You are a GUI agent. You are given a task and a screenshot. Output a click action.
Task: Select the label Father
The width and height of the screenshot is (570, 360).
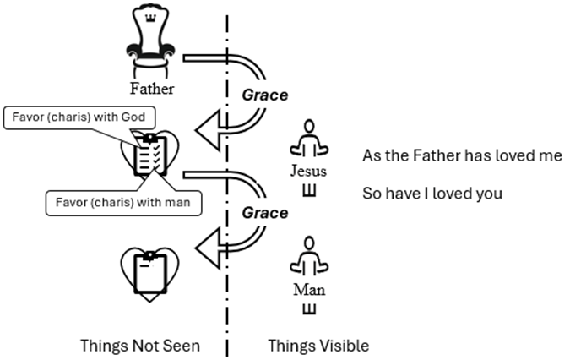pyautogui.click(x=152, y=86)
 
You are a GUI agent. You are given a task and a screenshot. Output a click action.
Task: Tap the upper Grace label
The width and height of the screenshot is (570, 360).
pyautogui.click(x=264, y=95)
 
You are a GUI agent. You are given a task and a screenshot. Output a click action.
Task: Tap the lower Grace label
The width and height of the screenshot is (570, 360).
pyautogui.click(x=264, y=214)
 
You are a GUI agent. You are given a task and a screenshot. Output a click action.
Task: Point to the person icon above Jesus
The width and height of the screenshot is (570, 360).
pyautogui.click(x=308, y=138)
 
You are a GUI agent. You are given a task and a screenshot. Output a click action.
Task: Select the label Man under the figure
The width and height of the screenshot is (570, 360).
pyautogui.click(x=308, y=290)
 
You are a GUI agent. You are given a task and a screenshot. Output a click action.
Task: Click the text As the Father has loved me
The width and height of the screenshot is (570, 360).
pyautogui.click(x=462, y=156)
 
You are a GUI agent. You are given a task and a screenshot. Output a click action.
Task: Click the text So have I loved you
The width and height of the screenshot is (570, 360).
pyautogui.click(x=432, y=194)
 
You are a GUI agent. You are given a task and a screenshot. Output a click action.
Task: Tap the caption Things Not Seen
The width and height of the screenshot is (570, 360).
pyautogui.click(x=140, y=345)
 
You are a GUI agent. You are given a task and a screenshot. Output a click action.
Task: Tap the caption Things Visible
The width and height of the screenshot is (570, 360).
pyautogui.click(x=318, y=345)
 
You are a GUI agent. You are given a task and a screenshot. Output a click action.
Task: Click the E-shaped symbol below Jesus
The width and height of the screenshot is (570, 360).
pyautogui.click(x=308, y=188)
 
